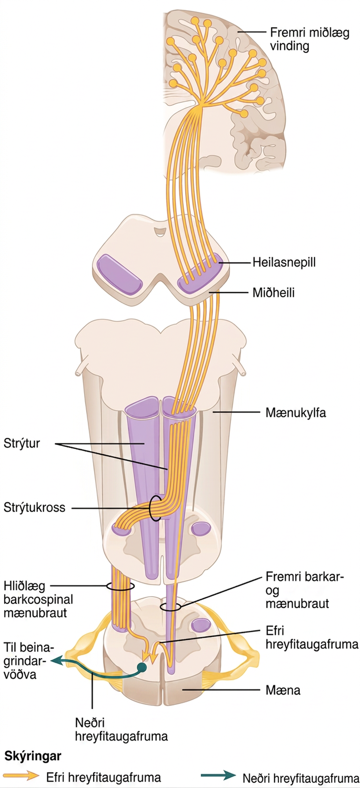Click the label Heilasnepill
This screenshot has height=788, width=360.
[284, 262]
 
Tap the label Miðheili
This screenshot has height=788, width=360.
[273, 292]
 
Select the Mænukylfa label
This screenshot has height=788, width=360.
[296, 413]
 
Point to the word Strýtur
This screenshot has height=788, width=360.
[22, 443]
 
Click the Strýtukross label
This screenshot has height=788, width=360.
[34, 508]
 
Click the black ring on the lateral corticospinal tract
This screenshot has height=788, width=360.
[120, 586]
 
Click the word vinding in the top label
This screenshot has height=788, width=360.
[289, 46]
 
